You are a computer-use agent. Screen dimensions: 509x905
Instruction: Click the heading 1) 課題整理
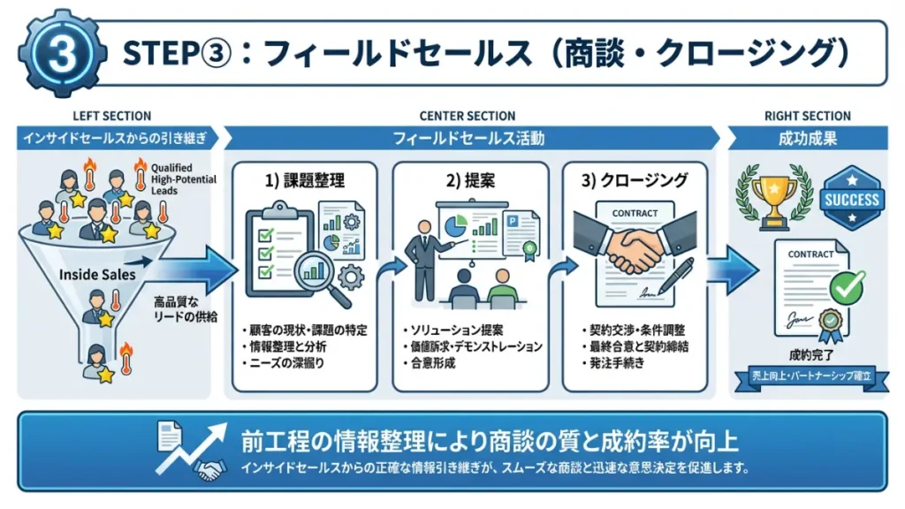pos(305,180)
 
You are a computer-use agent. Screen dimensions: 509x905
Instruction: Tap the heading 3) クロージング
pos(632,180)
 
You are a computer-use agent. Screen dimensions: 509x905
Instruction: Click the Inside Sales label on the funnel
pos(97,275)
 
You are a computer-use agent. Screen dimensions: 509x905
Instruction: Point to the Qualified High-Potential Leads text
pos(178,178)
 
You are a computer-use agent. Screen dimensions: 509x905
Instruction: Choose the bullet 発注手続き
pos(613,363)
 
